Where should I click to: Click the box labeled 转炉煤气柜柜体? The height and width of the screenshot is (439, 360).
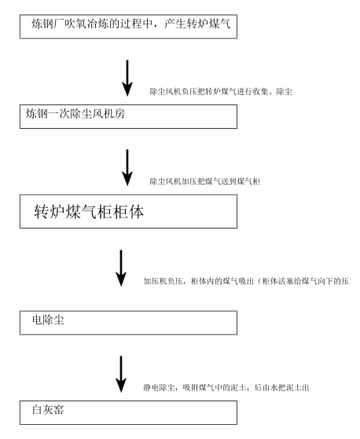pos(128,211)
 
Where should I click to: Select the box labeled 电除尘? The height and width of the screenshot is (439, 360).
pos(128,322)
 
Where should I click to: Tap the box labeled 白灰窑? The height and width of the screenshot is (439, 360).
pos(128,412)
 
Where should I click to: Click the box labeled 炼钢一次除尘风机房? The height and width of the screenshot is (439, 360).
pos(128,116)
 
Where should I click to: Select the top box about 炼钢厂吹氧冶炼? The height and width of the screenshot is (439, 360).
pos(128,27)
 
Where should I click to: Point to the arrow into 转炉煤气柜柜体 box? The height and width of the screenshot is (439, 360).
pos(127,167)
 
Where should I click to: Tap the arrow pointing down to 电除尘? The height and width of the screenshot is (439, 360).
pos(121,268)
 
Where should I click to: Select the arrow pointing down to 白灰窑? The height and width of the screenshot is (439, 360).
pos(121,374)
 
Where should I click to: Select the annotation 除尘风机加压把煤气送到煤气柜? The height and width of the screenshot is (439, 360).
pos(204,181)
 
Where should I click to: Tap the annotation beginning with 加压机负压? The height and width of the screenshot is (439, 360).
pos(245,280)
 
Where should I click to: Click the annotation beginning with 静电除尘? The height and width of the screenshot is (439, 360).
pos(231,388)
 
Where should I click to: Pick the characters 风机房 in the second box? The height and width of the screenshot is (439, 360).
pos(109,115)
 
